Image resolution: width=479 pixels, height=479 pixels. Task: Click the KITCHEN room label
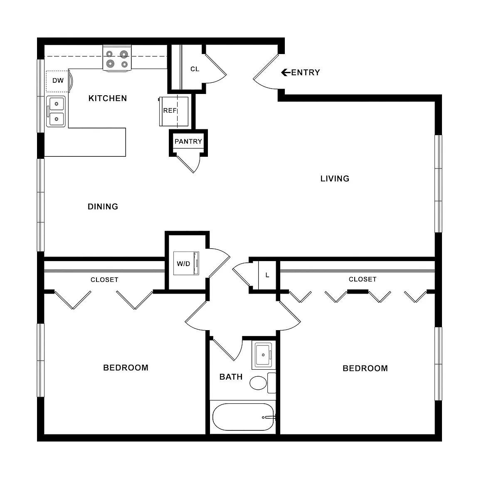tap(108, 99)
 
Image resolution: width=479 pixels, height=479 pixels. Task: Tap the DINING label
tap(103, 207)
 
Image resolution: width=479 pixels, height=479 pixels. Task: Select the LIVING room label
tap(335, 179)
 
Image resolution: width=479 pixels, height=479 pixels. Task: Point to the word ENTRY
tap(306, 72)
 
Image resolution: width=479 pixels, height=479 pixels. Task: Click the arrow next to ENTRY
tap(286, 72)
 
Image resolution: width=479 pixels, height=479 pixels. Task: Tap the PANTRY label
tap(188, 141)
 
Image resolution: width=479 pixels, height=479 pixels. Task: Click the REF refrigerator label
tap(170, 111)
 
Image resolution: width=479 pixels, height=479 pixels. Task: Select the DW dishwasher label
tap(58, 81)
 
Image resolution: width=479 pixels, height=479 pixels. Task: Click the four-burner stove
tap(117, 58)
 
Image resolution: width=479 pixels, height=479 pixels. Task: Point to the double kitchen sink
tap(56, 111)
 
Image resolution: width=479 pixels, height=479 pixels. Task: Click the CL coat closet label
tap(195, 69)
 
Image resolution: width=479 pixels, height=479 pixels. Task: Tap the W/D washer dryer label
tap(183, 264)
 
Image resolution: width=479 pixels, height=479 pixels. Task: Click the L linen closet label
tap(267, 275)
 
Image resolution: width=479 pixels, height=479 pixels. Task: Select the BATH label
tap(231, 377)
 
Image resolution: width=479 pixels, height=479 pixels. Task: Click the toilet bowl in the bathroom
tap(258, 383)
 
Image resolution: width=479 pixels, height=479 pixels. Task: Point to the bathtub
tap(243, 417)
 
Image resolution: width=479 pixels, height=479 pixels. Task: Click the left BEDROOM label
tap(126, 368)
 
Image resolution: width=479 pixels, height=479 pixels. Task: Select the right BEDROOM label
tap(365, 368)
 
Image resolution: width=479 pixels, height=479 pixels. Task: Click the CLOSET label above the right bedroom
tap(363, 279)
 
